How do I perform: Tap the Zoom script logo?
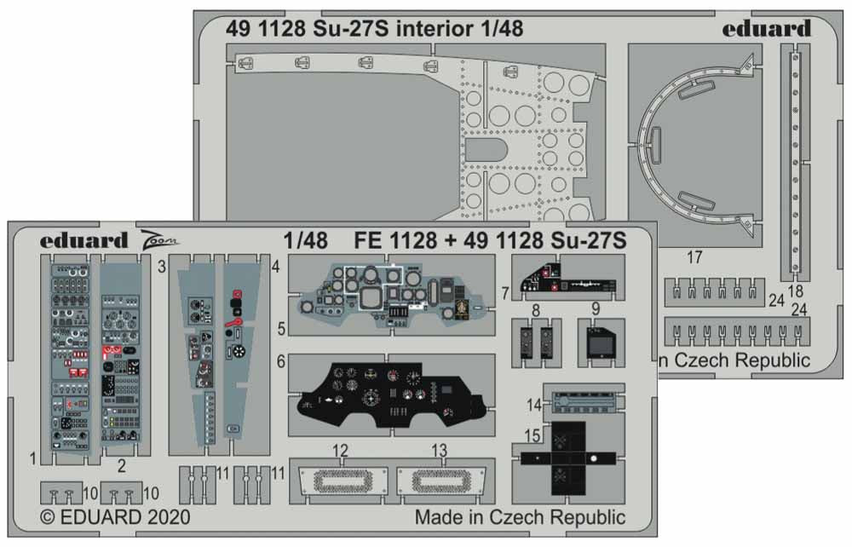(159, 241)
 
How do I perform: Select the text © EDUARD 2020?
(115, 517)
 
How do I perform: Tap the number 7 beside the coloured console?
(505, 292)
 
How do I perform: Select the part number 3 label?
(160, 267)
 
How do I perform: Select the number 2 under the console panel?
(121, 465)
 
